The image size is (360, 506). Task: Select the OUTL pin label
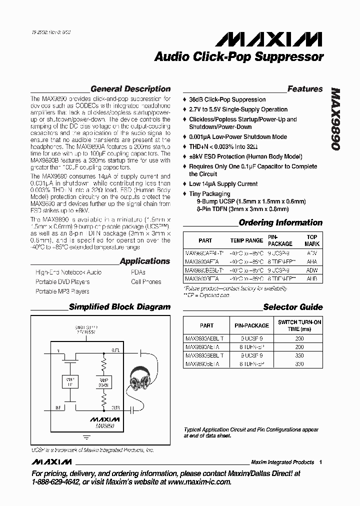[x=115, y=350]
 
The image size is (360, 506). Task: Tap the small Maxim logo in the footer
[x=51, y=461]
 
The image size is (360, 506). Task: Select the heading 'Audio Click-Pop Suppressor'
[x=239, y=57]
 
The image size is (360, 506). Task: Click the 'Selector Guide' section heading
[x=293, y=307]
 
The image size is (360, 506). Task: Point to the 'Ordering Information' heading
[x=280, y=222]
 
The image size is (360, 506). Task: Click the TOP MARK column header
[x=312, y=240]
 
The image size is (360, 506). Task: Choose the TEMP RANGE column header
[x=246, y=240]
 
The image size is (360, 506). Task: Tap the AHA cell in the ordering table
[x=312, y=260]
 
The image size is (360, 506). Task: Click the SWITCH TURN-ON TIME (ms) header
[x=299, y=325]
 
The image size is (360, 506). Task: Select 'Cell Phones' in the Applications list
[x=146, y=281]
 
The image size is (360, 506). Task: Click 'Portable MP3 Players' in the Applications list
[x=62, y=291]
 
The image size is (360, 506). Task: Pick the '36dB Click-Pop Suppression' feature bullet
[x=227, y=99]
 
